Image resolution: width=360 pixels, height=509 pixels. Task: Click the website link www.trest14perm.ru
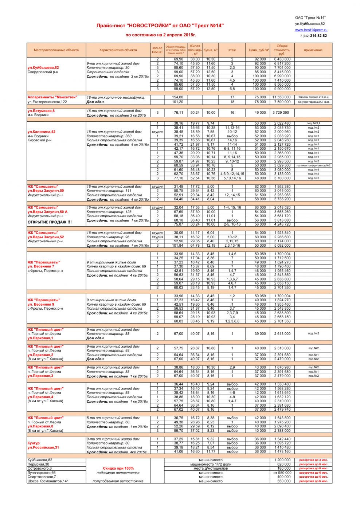[x=311, y=30]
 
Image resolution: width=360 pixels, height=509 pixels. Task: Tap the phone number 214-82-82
[x=318, y=36]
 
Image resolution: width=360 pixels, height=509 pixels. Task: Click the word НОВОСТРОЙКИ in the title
[x=149, y=26]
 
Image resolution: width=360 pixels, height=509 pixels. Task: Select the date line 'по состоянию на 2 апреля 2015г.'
[x=161, y=35]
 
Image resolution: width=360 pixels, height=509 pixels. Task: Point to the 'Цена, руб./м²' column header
[x=259, y=50]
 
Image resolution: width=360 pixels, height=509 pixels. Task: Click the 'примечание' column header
[x=313, y=50]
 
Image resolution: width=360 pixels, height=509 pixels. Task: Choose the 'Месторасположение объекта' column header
[x=56, y=50]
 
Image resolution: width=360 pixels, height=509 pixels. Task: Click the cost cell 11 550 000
[x=282, y=97]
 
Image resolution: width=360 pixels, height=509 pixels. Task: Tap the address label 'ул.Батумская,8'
[x=41, y=111]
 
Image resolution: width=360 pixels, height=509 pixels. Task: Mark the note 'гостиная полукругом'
[x=308, y=165]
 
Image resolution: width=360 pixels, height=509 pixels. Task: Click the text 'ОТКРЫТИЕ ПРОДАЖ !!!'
[x=50, y=222]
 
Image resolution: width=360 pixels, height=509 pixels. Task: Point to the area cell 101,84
[x=178, y=246]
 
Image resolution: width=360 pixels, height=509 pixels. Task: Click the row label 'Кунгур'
[x=34, y=443]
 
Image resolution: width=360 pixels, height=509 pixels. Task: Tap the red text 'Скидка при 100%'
[x=118, y=469]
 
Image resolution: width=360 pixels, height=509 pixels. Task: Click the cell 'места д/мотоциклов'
[x=211, y=469]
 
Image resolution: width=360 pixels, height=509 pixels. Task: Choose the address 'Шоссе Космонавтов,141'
[x=48, y=481]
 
